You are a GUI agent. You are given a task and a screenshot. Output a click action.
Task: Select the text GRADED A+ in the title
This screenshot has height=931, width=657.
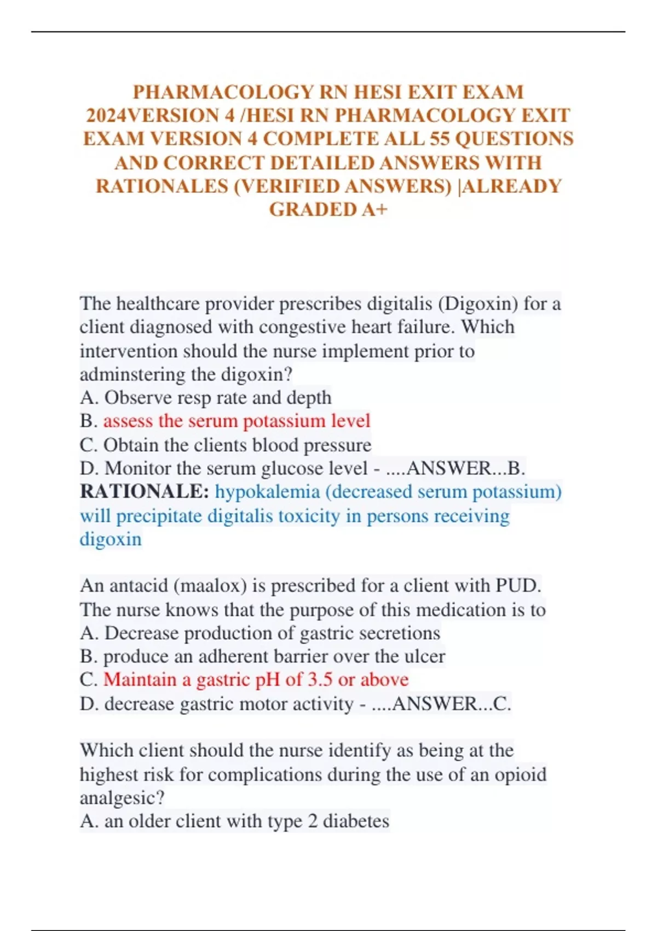(x=328, y=209)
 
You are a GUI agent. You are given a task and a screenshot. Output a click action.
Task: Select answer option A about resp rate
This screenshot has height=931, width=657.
(x=205, y=398)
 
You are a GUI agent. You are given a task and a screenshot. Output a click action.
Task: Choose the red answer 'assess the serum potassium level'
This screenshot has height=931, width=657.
(x=237, y=421)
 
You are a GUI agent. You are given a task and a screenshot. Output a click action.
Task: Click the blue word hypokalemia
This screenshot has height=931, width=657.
(x=267, y=492)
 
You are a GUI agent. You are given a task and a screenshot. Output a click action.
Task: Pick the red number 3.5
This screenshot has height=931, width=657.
(x=320, y=680)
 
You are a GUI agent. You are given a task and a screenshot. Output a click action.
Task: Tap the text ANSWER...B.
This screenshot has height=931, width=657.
(x=466, y=468)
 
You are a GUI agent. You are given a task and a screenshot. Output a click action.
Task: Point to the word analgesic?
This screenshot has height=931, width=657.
(x=122, y=798)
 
